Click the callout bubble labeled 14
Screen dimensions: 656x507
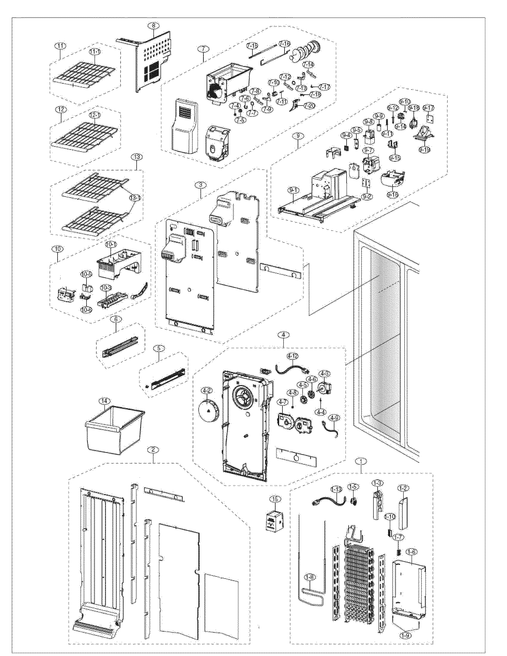(x=106, y=401)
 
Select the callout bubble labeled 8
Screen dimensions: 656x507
(x=154, y=26)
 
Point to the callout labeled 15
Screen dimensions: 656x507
(x=274, y=499)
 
